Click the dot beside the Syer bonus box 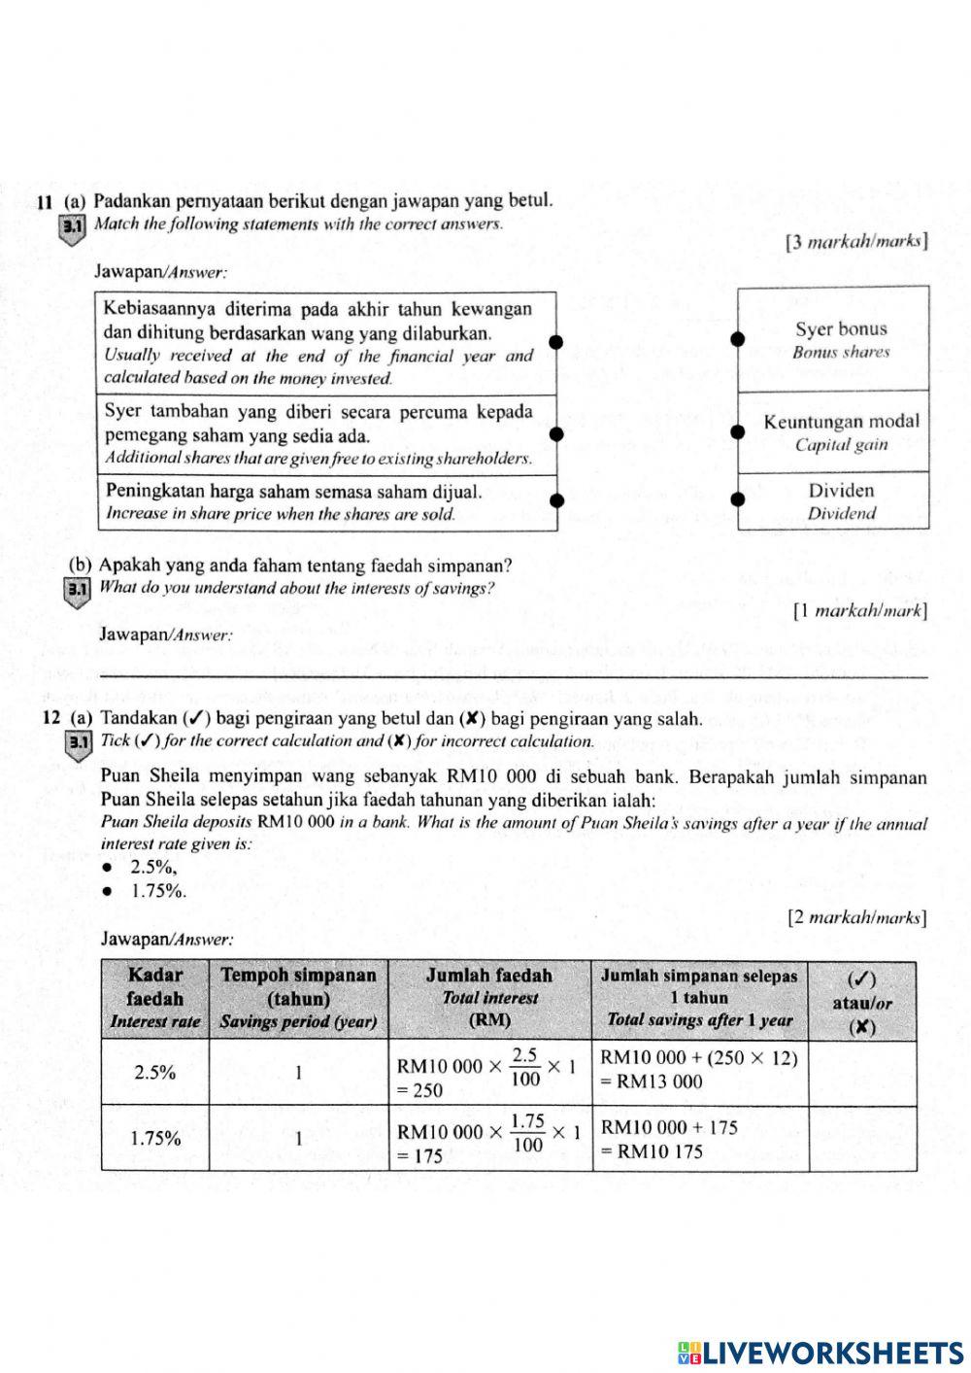(x=738, y=339)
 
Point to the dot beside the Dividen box (x=738, y=499)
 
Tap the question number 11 (x=43, y=203)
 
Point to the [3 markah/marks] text (x=856, y=242)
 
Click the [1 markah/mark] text (x=859, y=611)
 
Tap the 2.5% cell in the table (x=154, y=1074)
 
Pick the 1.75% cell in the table (x=154, y=1138)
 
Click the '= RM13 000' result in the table (x=651, y=1082)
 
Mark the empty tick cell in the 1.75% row (x=862, y=1138)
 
